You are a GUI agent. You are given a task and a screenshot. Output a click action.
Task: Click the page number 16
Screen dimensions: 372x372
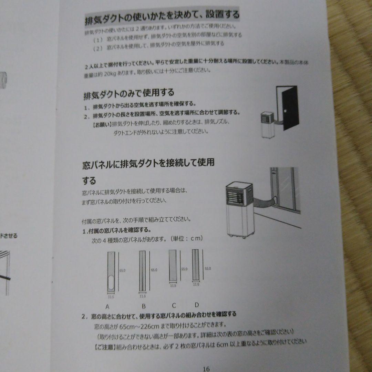point(206,369)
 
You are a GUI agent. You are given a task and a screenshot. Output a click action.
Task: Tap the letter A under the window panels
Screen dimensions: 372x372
point(107,306)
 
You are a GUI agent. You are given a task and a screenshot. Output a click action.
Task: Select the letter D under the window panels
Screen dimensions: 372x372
point(197,304)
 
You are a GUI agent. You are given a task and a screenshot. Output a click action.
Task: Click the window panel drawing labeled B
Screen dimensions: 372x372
point(143,271)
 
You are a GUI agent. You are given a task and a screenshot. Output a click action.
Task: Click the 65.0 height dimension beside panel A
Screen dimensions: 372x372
point(122,271)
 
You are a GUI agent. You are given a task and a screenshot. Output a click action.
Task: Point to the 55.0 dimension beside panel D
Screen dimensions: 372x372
point(208,268)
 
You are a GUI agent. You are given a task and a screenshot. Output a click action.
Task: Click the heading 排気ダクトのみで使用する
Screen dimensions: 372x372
point(128,93)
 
